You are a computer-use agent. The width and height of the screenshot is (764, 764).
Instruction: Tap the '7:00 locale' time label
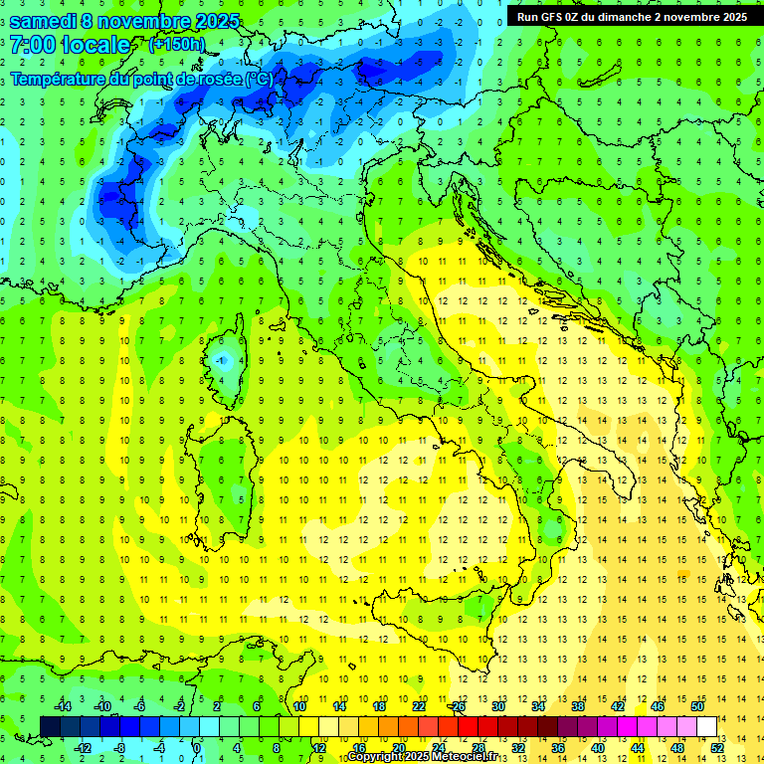(70, 45)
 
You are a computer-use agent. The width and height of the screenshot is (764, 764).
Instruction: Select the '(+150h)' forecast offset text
(176, 45)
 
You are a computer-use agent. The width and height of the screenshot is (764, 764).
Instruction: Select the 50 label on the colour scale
(697, 705)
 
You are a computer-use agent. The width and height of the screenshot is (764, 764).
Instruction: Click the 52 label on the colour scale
(717, 747)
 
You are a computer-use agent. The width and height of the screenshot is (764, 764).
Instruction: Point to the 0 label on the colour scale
(197, 747)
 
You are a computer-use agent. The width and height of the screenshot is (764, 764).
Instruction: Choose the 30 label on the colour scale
(498, 705)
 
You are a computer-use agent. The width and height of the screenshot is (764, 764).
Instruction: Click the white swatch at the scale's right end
(707, 726)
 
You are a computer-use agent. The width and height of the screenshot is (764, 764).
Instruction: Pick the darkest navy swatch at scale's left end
(50, 726)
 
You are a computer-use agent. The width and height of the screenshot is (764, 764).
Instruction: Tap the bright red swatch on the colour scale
(469, 726)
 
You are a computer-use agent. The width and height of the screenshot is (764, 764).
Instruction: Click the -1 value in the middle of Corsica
(224, 359)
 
